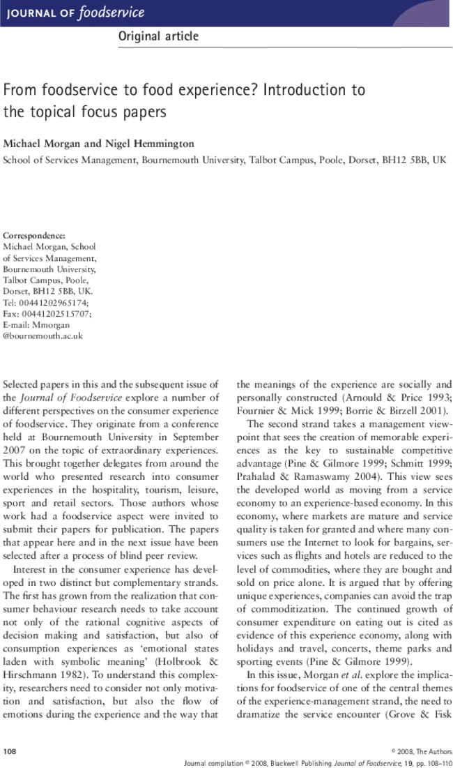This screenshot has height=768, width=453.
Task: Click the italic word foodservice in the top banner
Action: click(x=112, y=13)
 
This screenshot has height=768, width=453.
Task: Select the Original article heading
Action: click(x=158, y=37)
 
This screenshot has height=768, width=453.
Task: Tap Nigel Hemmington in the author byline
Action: click(x=162, y=144)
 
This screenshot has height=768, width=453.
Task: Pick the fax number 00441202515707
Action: click(x=56, y=314)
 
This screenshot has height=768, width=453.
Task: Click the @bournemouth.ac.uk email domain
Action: click(x=43, y=336)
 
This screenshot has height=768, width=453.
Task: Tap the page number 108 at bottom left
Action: click(x=10, y=751)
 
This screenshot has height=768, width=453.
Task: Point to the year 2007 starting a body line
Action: click(x=15, y=451)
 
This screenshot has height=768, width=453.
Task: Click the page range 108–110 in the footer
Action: click(x=435, y=762)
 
